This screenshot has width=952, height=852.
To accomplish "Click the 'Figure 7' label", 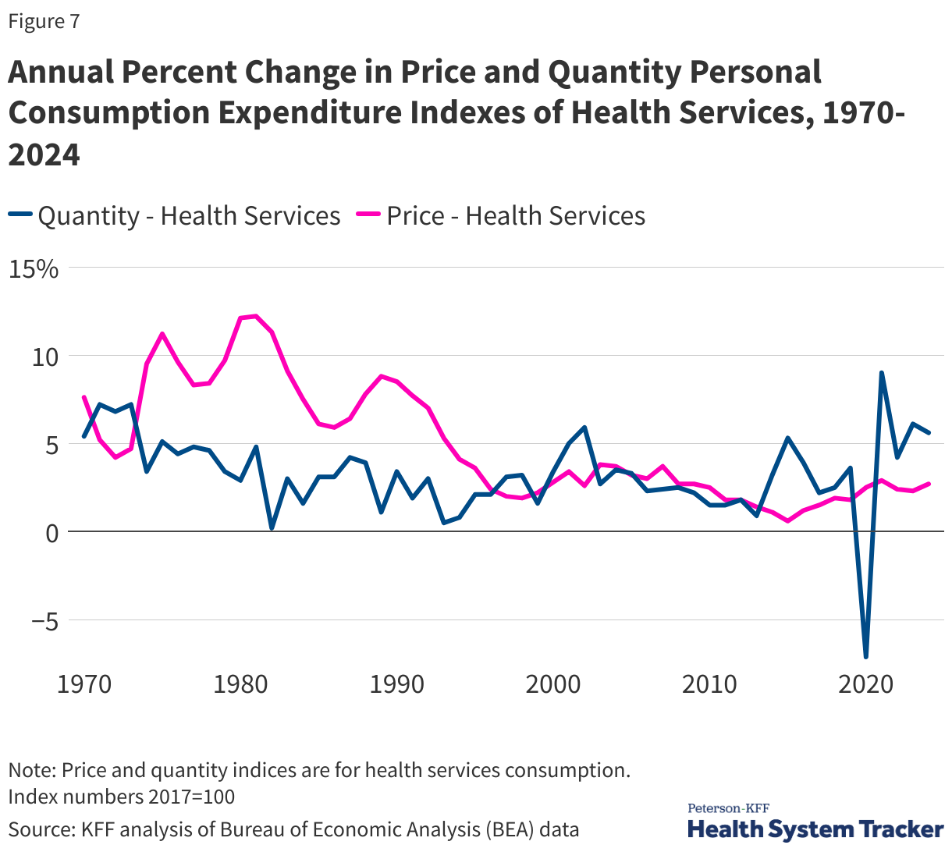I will [x=44, y=22].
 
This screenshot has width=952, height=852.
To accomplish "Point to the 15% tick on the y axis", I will [x=34, y=269].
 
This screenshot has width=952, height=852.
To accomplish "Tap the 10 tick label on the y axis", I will [x=44, y=357].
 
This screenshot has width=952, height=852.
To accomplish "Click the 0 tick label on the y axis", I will [x=52, y=533].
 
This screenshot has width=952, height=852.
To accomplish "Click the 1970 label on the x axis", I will [x=84, y=684].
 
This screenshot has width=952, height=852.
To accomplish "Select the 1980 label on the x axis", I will [x=240, y=684].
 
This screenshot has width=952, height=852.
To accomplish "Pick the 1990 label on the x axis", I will [x=396, y=684].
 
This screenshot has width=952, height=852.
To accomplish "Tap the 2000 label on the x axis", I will [x=552, y=684].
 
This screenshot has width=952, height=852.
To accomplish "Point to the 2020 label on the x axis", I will [x=865, y=684].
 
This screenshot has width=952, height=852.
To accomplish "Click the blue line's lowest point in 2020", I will [x=865, y=656].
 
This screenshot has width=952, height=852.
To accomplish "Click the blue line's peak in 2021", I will [x=881, y=373].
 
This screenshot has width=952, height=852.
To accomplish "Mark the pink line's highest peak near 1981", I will [x=256, y=316].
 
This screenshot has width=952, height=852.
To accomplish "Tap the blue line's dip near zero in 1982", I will [x=272, y=528].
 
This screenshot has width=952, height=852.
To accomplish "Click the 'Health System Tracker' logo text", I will [x=815, y=829].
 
